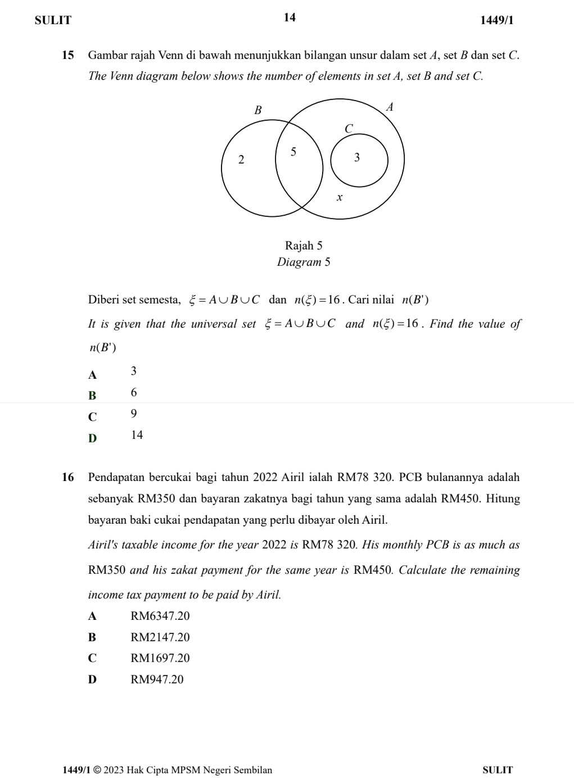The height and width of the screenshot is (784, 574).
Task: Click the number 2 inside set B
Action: tap(241, 160)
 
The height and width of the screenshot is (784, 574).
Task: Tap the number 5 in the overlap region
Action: tap(293, 151)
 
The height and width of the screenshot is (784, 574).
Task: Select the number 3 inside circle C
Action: tap(356, 158)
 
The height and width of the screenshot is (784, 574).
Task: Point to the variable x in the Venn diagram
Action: tap(339, 197)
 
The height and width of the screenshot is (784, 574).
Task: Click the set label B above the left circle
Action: tap(258, 110)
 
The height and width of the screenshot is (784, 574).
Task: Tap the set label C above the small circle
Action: tap(348, 129)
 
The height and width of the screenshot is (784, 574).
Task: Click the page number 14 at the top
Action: tap(289, 17)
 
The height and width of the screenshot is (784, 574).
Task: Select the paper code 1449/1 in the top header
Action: tap(496, 21)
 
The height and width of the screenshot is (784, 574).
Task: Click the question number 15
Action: tap(68, 55)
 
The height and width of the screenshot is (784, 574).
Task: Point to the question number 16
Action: tap(68, 478)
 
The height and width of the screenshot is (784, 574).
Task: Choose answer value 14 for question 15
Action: tap(137, 435)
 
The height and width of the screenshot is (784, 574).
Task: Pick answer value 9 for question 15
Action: tap(133, 414)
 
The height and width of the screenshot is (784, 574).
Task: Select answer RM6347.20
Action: tap(160, 616)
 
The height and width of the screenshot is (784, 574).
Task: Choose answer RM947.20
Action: tap(157, 679)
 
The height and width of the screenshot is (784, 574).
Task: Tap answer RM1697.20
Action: tap(160, 658)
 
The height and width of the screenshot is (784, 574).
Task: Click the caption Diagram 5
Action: tap(304, 262)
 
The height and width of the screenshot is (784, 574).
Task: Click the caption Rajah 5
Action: tap(304, 246)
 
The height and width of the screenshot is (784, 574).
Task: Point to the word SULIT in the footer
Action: tap(498, 769)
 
